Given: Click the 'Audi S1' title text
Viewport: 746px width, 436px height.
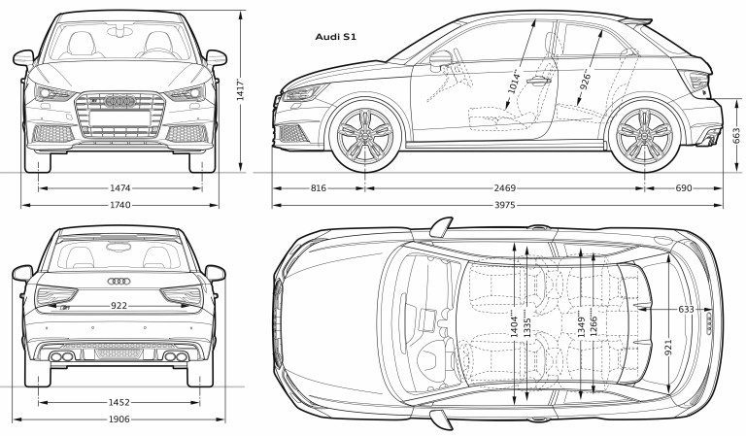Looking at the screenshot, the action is [x=336, y=37].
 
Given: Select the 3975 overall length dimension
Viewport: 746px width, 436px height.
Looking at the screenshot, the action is [x=505, y=206].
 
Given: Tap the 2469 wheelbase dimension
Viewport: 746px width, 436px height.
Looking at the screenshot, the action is [x=505, y=188].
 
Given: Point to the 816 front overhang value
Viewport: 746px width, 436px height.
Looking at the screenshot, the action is [x=319, y=188].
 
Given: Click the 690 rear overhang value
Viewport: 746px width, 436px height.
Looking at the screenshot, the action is [x=684, y=188].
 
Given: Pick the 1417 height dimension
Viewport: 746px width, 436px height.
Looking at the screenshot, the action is [x=241, y=89].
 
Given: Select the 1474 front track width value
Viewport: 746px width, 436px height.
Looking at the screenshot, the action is [x=119, y=188].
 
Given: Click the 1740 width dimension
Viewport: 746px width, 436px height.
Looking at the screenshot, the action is [x=119, y=206].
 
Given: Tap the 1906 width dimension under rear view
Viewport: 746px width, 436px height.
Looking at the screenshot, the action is [x=119, y=419].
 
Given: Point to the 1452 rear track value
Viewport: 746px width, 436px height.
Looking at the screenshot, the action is [x=119, y=402].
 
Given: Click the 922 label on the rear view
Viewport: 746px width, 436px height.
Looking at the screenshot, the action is [x=119, y=306].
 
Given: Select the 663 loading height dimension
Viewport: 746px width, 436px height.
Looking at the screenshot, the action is [x=736, y=137].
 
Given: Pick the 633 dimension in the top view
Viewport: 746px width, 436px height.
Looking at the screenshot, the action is [x=686, y=310].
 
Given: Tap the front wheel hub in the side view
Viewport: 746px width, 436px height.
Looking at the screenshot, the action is [x=365, y=136].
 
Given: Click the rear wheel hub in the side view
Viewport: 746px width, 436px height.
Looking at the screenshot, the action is [x=645, y=136].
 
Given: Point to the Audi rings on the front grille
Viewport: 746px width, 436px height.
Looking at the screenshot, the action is [x=119, y=101].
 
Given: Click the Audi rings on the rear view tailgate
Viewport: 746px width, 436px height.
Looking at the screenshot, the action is [x=119, y=281].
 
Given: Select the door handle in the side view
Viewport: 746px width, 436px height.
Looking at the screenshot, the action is [x=538, y=81].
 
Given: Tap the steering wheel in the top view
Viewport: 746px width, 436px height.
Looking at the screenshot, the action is [x=429, y=360].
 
